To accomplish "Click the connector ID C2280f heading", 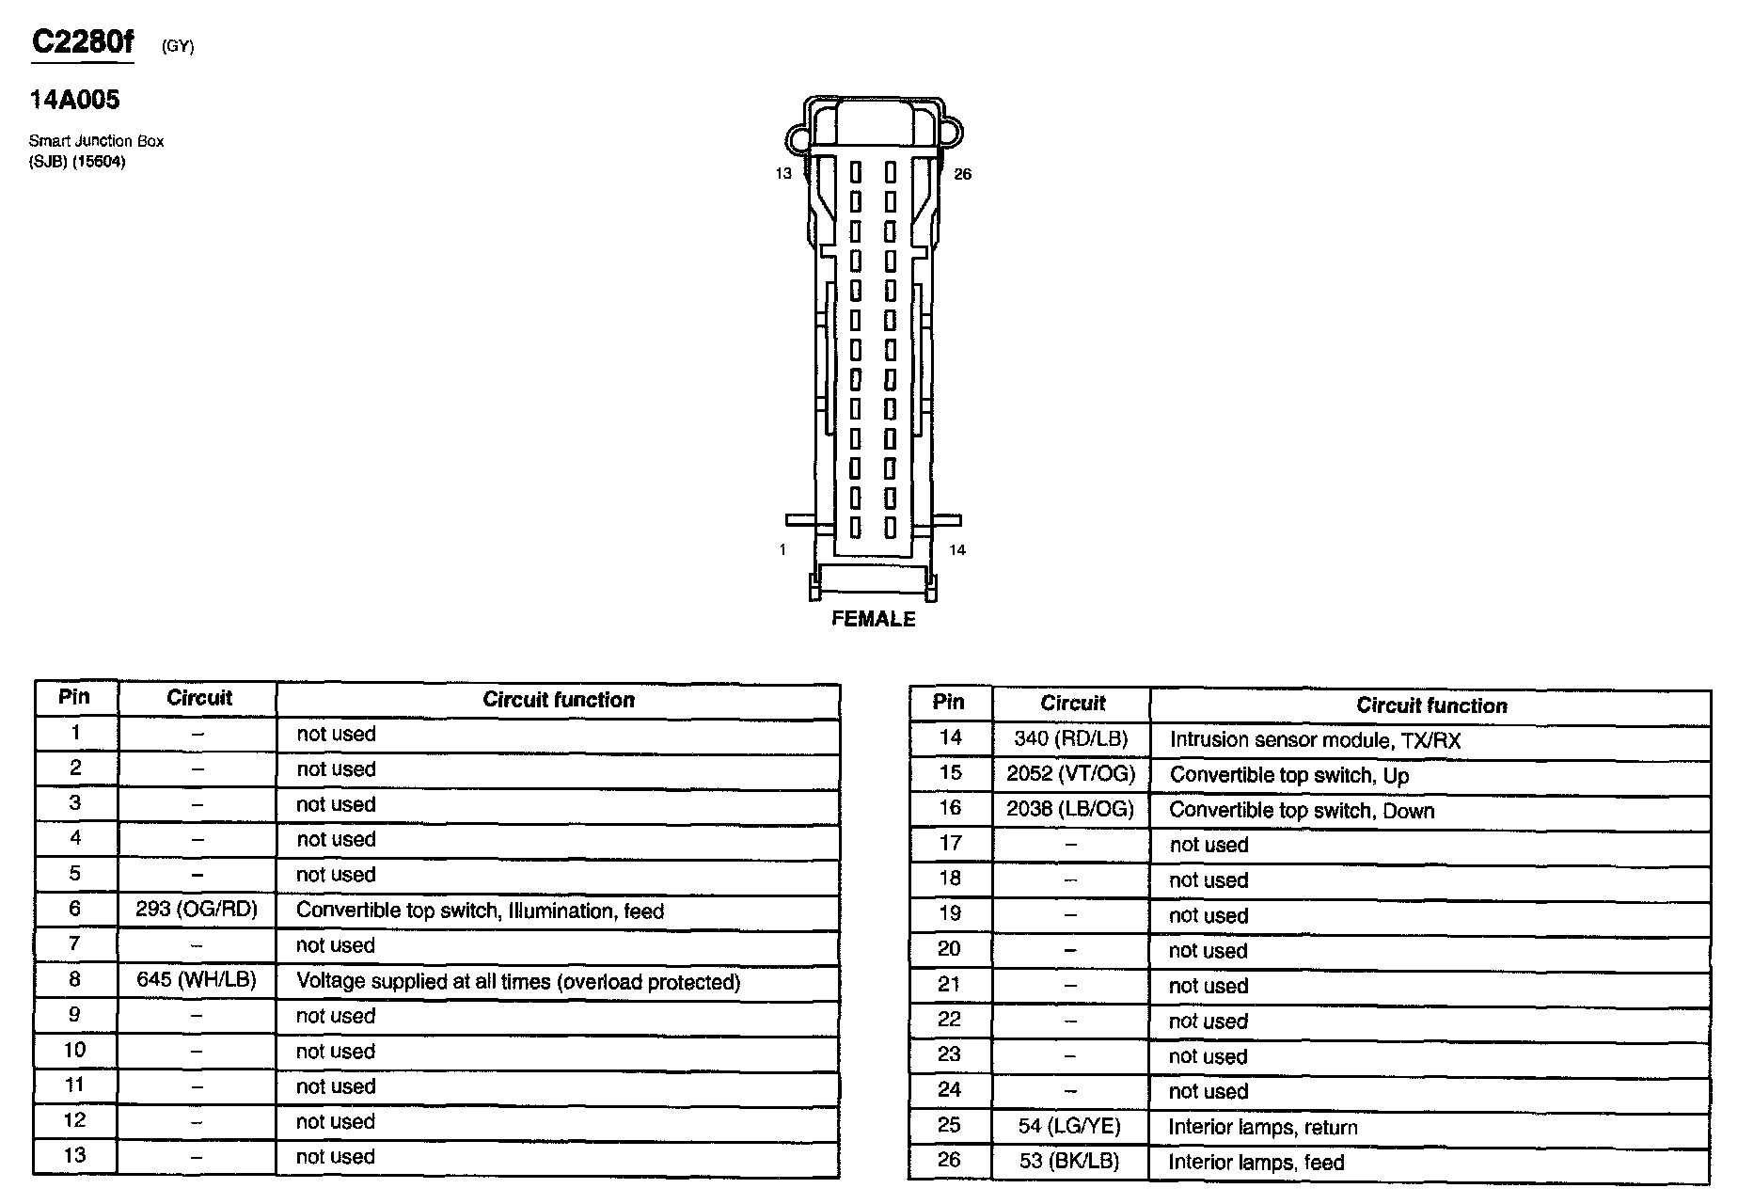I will coord(83,42).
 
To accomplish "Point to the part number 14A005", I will coord(75,100).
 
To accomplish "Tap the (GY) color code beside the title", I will coord(178,46).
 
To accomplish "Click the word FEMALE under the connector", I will coord(873,619).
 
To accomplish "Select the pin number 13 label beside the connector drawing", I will coord(783,174).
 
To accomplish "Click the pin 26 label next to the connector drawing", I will coord(962,174).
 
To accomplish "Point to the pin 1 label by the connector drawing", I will coord(782,550).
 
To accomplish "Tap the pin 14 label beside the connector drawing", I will coord(956,550).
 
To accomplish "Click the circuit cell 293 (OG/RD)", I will coord(197,910).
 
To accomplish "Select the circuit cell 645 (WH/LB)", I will coord(197,980).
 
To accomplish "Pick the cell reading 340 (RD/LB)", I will coord(1070,739).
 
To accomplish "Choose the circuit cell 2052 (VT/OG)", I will coord(1070,774).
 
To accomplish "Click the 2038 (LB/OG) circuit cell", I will coord(1070,809).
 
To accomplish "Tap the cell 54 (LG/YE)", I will coord(1070,1126).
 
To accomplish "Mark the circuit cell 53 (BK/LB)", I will coord(1070,1161).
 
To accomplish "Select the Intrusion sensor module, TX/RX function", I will coord(1315,740).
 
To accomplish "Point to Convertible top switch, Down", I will coord(1302,811).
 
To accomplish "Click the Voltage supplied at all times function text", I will coord(518,982).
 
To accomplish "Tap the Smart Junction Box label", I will coord(96,141).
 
